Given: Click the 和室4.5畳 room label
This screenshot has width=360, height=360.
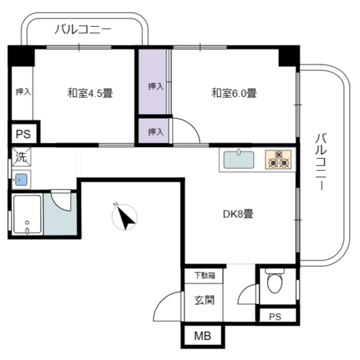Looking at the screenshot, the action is click(x=90, y=93).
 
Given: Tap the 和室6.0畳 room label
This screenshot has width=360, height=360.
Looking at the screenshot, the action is click(x=234, y=93).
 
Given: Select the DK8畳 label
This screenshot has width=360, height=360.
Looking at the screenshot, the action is click(x=238, y=214).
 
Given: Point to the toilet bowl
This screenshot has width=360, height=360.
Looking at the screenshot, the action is click(x=275, y=282).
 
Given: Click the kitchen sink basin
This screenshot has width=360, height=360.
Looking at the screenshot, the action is click(x=239, y=160).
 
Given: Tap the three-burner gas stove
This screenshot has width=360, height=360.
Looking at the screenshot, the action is click(x=278, y=160).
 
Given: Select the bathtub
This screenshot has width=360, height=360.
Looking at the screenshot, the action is click(x=28, y=214).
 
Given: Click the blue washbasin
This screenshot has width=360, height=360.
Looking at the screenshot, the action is click(x=21, y=179).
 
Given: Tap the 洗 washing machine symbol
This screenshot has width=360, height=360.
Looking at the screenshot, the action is click(x=22, y=157).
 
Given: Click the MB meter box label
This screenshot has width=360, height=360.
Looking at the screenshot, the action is click(x=203, y=336).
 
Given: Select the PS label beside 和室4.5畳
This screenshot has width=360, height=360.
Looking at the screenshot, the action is click(x=23, y=134).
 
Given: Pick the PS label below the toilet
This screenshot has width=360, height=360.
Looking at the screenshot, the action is click(x=275, y=317).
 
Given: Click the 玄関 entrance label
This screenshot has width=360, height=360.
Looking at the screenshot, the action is click(x=205, y=301).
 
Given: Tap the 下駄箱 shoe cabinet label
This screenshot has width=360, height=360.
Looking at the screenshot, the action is click(x=205, y=275).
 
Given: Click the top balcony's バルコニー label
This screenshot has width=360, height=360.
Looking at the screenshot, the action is click(x=83, y=29).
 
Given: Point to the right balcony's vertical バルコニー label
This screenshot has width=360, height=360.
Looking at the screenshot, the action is click(x=321, y=161).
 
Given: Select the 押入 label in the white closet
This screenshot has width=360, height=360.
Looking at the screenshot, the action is click(x=23, y=92).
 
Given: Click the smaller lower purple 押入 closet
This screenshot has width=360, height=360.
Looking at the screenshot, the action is click(x=154, y=131).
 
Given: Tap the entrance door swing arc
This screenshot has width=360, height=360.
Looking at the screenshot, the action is click(x=161, y=301).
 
